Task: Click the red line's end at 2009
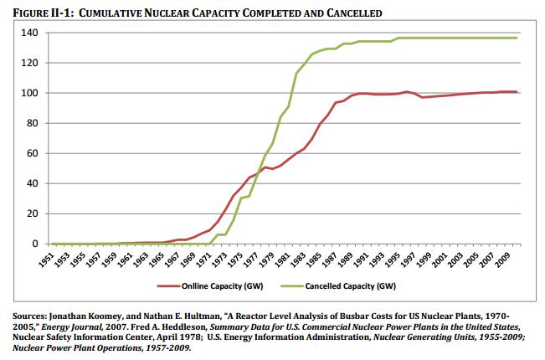[517, 92]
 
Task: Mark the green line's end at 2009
[517, 38]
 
